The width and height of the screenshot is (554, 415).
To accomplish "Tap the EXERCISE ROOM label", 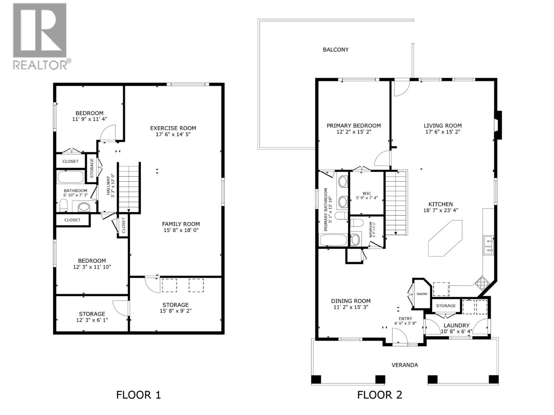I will click(x=173, y=128).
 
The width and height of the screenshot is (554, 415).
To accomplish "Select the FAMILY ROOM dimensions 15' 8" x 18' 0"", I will click(x=181, y=230).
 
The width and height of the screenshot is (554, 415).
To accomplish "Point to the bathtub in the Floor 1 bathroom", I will click(x=70, y=177).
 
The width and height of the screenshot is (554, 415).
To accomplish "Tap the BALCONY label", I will click(x=336, y=50).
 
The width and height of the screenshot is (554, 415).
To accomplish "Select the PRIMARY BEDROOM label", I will click(x=354, y=126).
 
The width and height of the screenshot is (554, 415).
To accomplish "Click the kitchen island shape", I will click(x=445, y=239).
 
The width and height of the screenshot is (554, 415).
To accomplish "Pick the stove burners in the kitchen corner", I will click(x=482, y=283).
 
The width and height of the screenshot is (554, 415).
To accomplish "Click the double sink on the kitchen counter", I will click(x=489, y=245).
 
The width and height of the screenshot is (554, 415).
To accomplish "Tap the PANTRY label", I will click(x=422, y=294).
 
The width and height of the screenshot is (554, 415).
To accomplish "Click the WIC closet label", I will click(x=367, y=194).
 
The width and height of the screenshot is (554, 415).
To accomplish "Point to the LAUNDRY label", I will click(x=456, y=325).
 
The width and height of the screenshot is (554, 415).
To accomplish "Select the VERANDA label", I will click(x=404, y=365).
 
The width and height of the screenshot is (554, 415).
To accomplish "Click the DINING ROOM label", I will click(x=350, y=301).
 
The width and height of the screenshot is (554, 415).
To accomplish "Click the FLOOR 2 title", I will click(x=379, y=395).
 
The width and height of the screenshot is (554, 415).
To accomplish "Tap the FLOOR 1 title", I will click(x=138, y=395).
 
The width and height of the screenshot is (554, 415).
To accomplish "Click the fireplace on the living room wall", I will click(x=498, y=125).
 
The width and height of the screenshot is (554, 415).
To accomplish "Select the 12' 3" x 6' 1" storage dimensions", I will click(x=92, y=320).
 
